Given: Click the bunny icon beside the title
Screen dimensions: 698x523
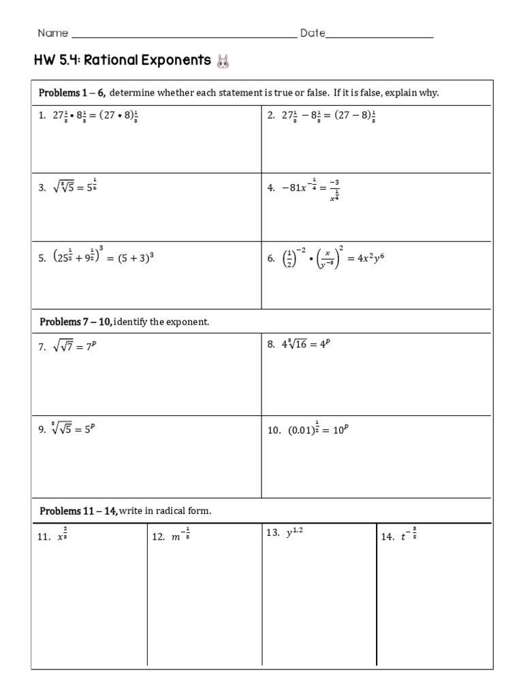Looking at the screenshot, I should coord(223,62).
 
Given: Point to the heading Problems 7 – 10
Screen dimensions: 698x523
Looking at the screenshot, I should coord(76,322).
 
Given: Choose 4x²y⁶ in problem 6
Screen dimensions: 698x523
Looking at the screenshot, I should coord(370,258).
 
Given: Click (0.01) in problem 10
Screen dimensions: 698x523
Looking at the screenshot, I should coord(300,431).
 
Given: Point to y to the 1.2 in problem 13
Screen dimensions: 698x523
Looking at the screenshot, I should coord(294,534).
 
